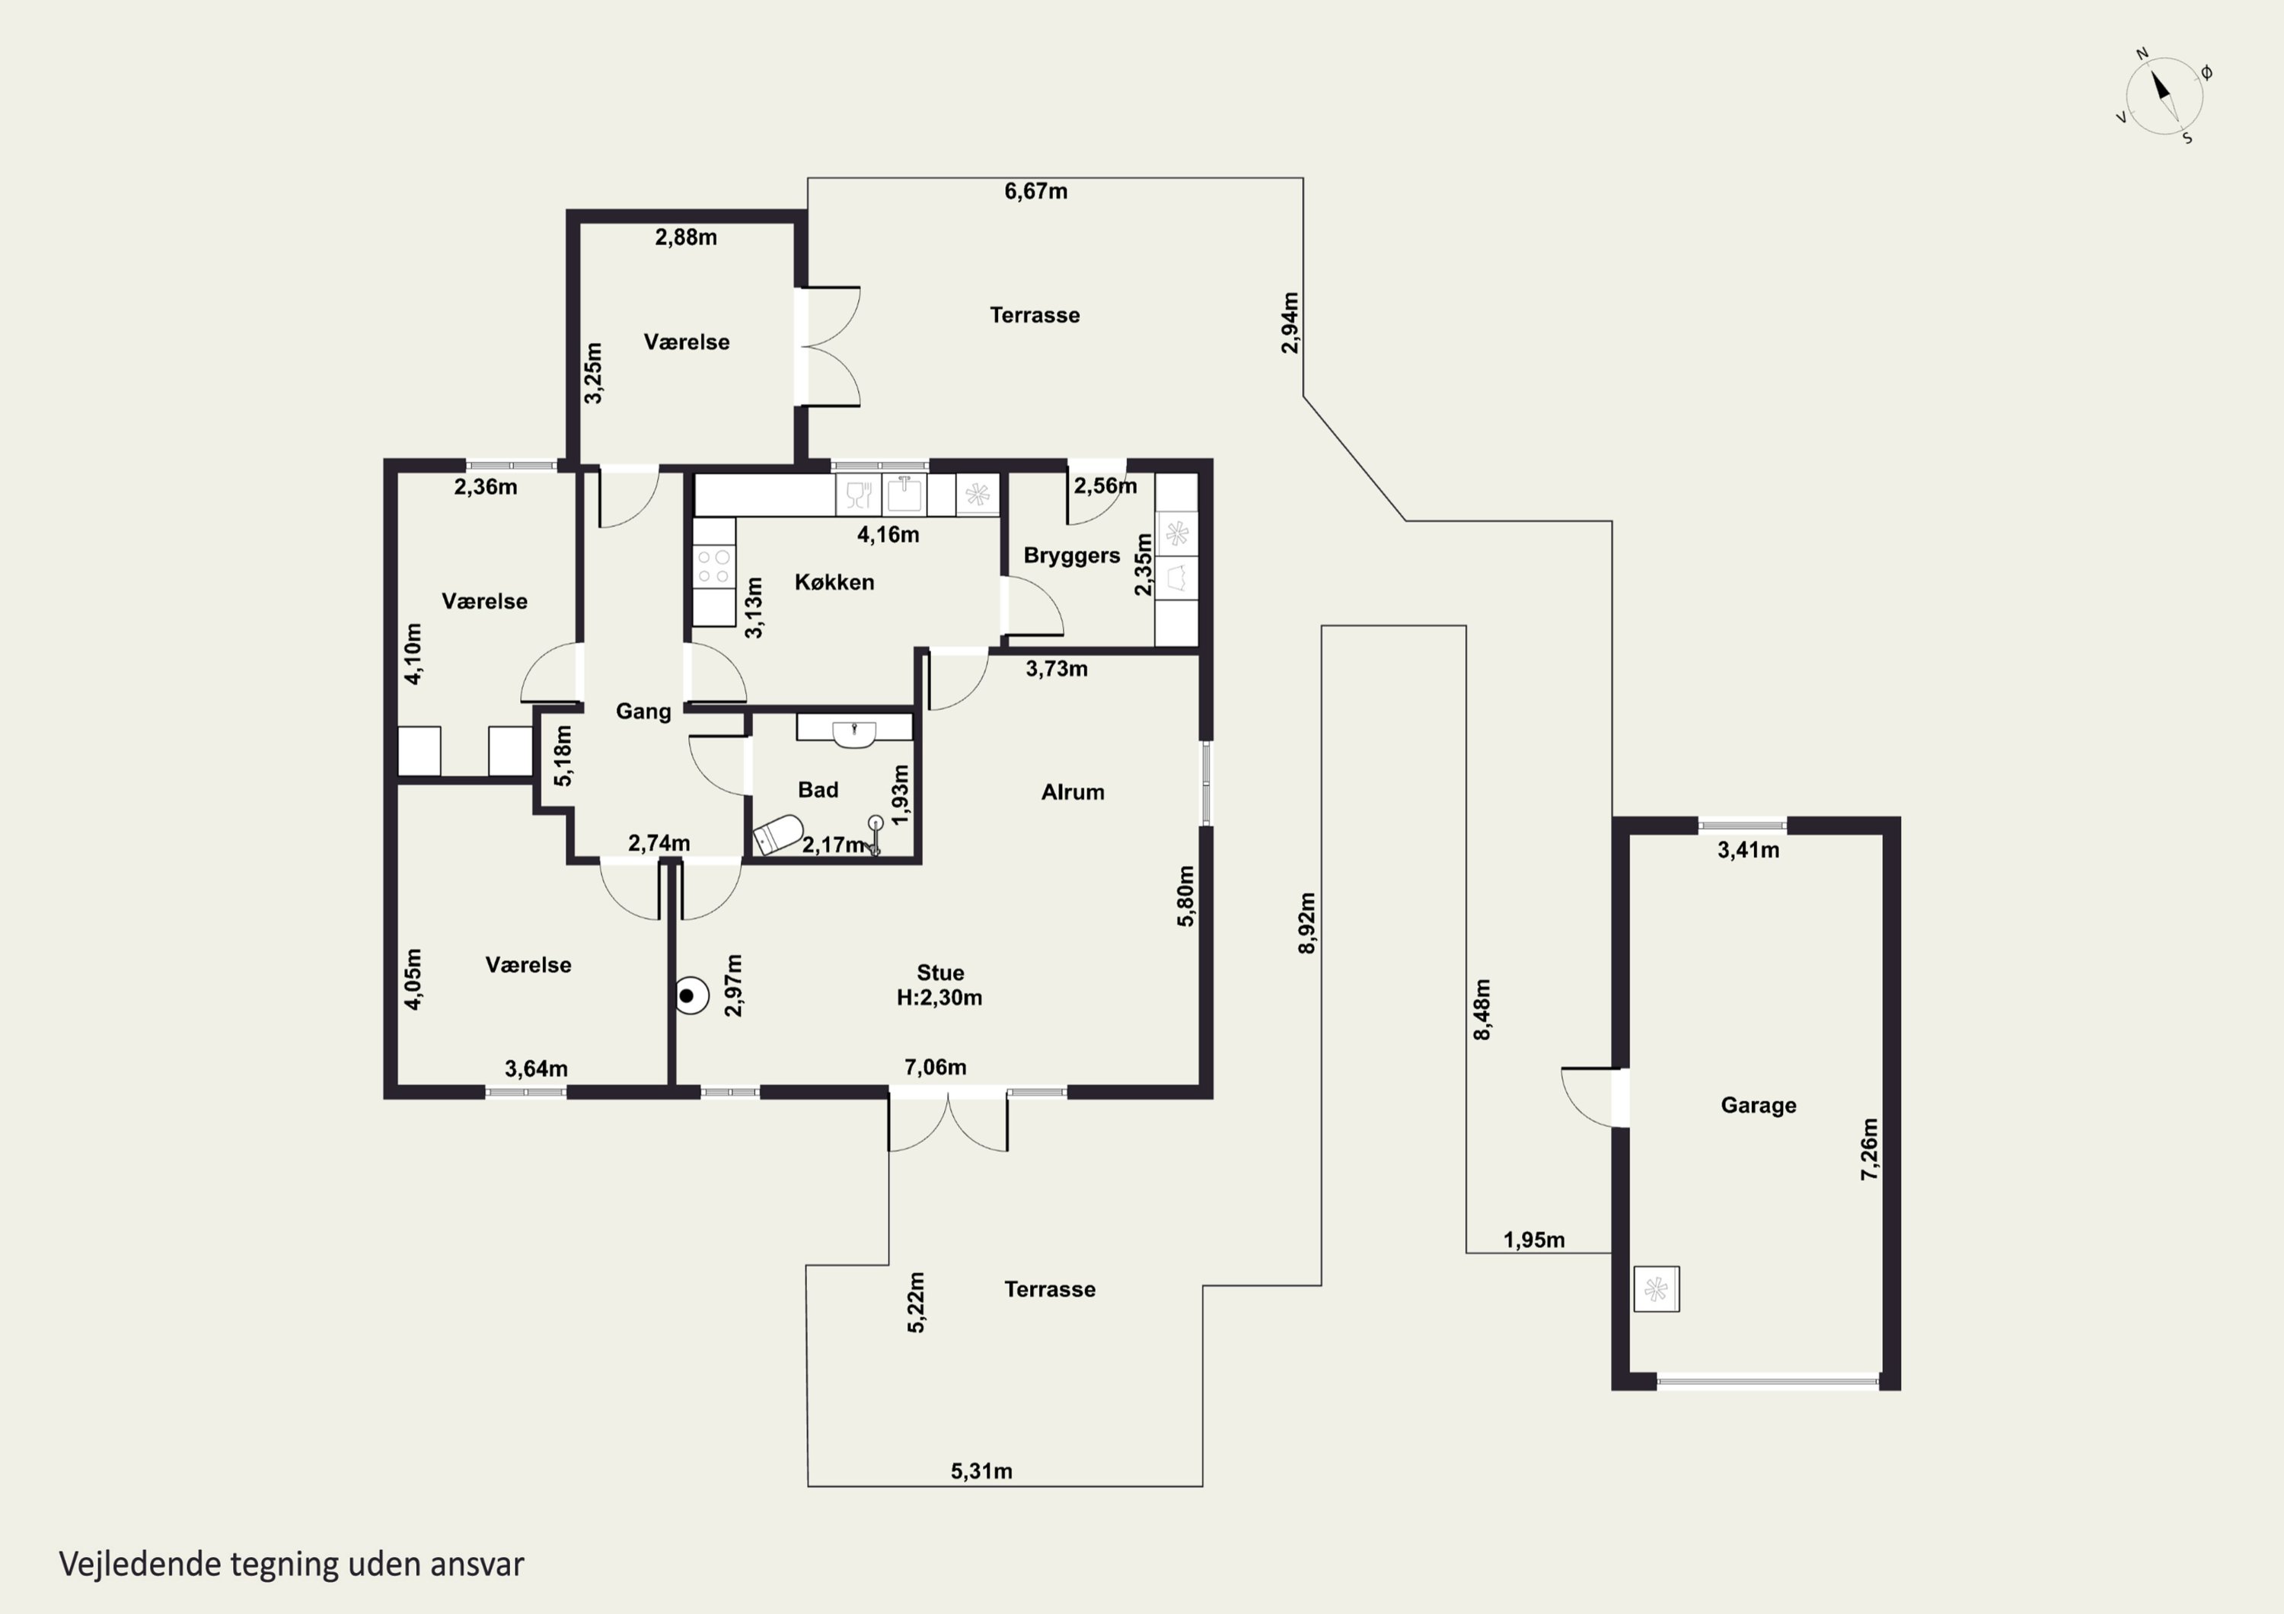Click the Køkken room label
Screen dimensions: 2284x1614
(x=834, y=583)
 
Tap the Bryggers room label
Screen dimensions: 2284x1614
(x=1071, y=556)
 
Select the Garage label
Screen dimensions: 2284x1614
(x=1758, y=1106)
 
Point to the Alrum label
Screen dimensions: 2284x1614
(x=1073, y=793)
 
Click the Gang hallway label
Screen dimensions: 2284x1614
(x=643, y=712)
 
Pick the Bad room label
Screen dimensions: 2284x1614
(x=818, y=790)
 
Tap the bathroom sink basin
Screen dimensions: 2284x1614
(x=854, y=734)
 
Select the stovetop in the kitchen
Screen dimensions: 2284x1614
(x=713, y=567)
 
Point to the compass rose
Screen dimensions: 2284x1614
(x=2163, y=97)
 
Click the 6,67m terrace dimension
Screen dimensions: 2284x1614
(x=1035, y=191)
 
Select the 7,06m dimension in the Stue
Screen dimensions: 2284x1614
(x=935, y=1067)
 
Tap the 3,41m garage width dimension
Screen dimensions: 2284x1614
(x=1748, y=850)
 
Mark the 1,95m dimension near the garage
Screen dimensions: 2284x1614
(x=1533, y=1240)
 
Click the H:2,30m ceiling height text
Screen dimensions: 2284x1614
(x=939, y=998)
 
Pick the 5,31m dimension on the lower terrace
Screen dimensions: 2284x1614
(x=981, y=1471)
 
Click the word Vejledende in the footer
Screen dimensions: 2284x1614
(x=139, y=1565)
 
